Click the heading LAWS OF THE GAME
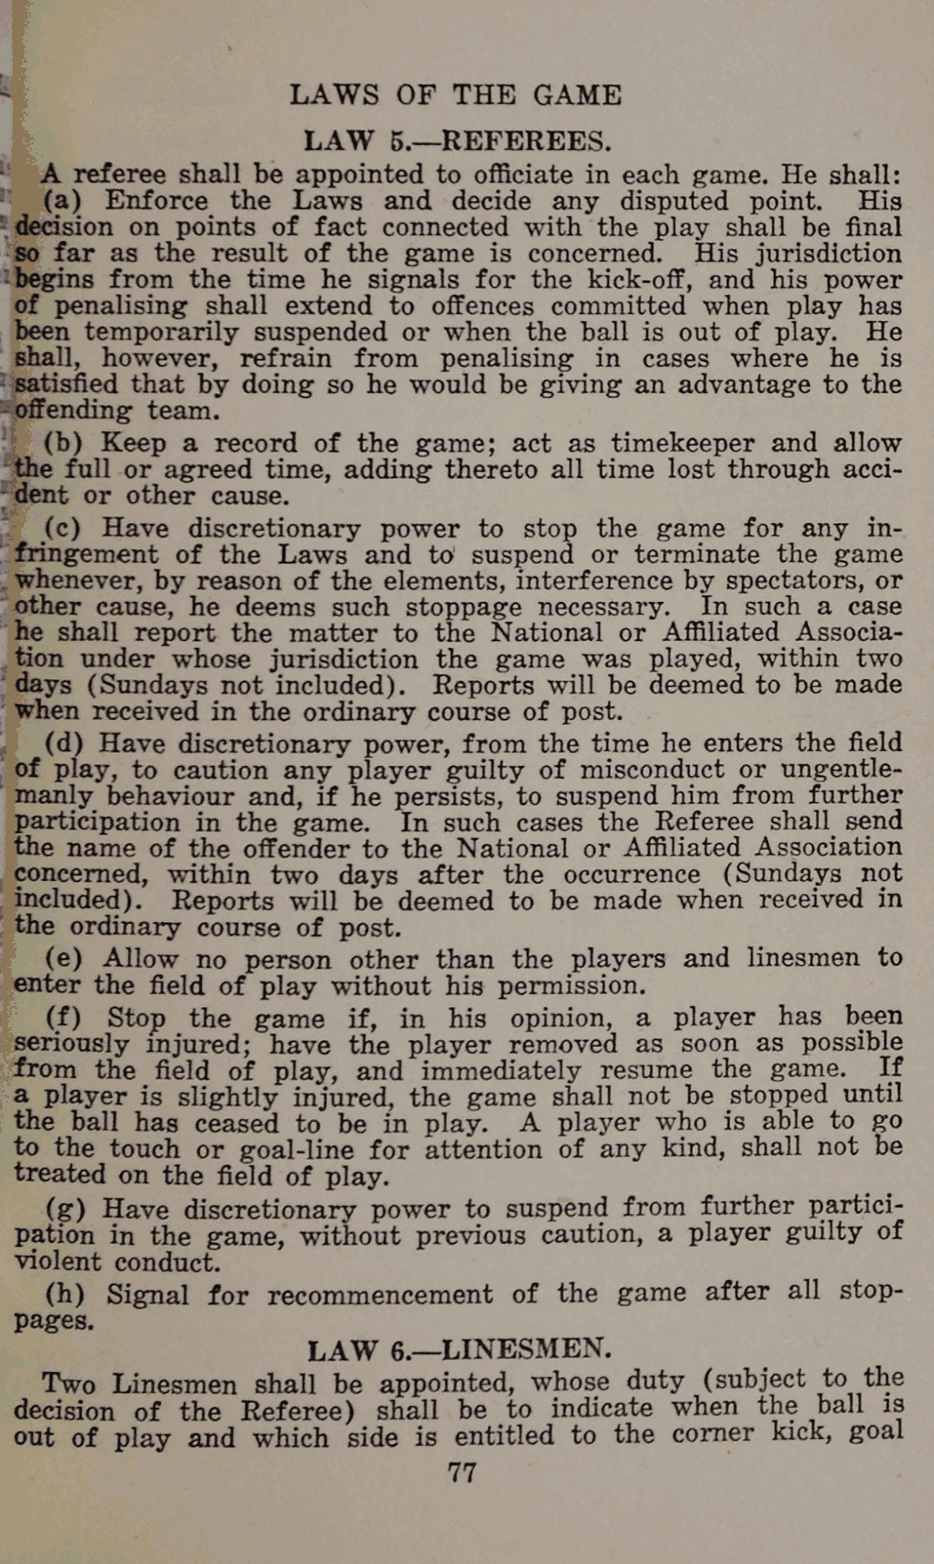[x=455, y=95]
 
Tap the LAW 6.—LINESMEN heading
[x=459, y=1350]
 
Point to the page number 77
[x=462, y=1473]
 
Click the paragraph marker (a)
[x=60, y=202]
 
